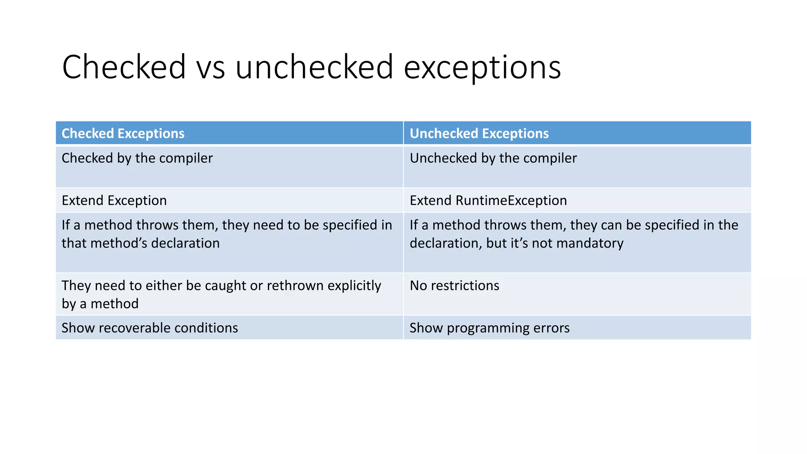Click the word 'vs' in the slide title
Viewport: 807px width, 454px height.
point(210,67)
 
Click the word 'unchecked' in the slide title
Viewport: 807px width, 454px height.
point(314,67)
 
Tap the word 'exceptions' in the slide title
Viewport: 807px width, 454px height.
point(482,67)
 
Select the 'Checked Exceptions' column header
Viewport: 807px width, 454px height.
point(123,134)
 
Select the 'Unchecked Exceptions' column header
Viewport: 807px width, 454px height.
point(479,134)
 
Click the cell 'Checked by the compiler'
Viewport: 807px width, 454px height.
point(137,158)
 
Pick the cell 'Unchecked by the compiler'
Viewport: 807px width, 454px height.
point(493,158)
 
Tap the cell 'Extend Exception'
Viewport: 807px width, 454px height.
point(114,201)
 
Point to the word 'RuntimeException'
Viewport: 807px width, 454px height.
point(511,201)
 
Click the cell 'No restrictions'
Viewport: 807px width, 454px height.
point(454,286)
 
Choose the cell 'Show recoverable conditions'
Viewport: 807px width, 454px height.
point(150,328)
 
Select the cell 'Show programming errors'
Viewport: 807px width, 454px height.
point(489,328)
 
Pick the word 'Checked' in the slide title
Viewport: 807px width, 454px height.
point(124,67)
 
